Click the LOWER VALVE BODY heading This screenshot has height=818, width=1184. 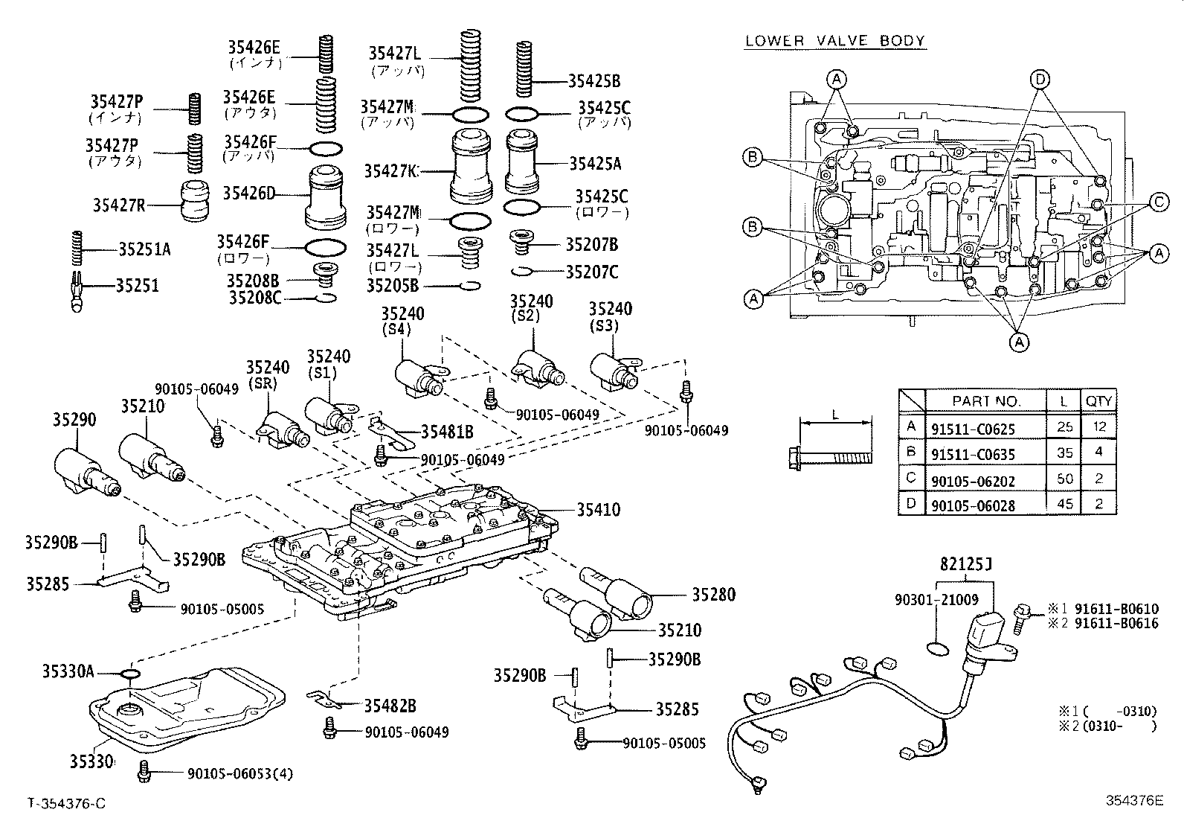coord(834,40)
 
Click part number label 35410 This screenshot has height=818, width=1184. coord(598,510)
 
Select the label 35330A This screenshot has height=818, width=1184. coord(67,672)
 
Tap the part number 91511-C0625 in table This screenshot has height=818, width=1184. coord(972,429)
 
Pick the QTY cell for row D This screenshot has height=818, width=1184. coord(1099,504)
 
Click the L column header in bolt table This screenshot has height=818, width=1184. coord(1064,401)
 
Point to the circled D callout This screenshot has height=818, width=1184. coord(1040,79)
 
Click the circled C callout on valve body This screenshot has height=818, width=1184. coord(1157,201)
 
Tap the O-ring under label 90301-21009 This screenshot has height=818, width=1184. coord(939,649)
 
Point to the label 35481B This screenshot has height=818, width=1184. coord(447,432)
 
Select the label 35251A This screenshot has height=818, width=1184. coord(144,249)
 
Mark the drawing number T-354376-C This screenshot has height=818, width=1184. coord(67,803)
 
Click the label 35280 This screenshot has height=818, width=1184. coord(713,594)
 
